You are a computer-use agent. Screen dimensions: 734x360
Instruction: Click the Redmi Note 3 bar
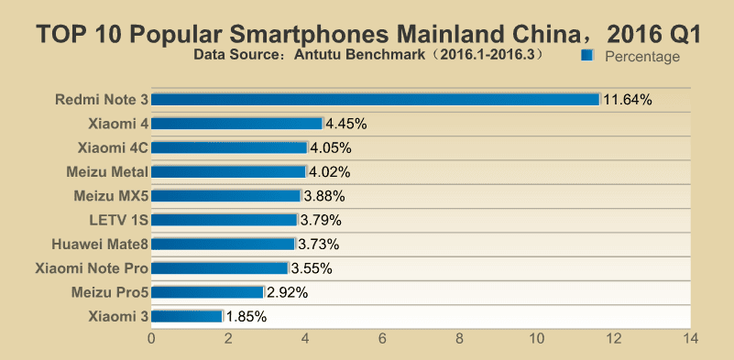[x=376, y=100]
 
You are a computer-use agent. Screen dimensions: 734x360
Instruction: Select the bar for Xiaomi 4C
[x=229, y=147]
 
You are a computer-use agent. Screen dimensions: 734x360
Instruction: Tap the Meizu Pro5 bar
[x=207, y=292]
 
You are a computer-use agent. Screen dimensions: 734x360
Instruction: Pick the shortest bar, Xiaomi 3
[x=187, y=316]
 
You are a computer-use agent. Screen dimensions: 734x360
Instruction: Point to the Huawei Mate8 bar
[x=224, y=244]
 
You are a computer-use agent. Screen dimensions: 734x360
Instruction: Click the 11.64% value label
[x=628, y=100]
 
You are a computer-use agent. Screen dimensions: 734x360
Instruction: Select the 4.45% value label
[x=346, y=124]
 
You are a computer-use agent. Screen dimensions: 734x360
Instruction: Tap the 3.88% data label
[x=324, y=196]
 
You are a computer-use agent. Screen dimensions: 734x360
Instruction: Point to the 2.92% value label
[x=288, y=292]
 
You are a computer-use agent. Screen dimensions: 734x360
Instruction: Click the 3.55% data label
[x=312, y=268]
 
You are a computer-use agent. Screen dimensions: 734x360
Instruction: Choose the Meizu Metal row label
[x=107, y=172]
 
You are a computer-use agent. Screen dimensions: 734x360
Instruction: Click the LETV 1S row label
[x=119, y=220]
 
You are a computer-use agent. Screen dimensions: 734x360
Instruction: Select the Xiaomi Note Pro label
[x=93, y=268]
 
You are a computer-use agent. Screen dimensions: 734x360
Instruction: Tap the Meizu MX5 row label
[x=112, y=196]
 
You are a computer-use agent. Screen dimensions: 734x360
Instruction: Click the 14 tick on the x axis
[x=690, y=338]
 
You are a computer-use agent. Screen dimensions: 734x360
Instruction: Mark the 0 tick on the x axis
[x=151, y=338]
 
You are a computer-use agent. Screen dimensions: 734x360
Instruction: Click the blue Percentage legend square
[x=587, y=56]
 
